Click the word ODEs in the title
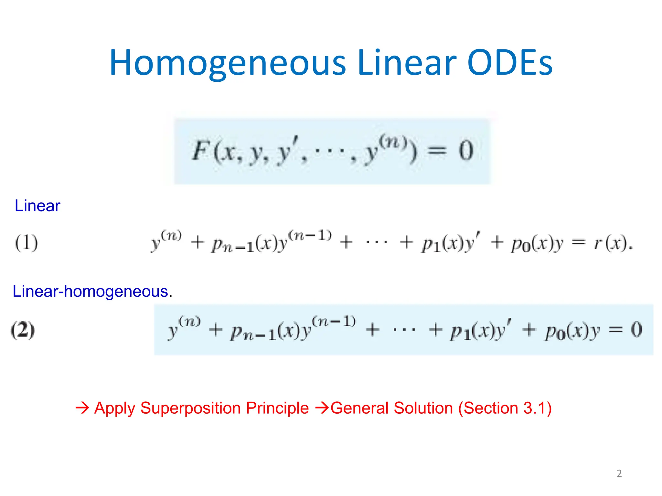[510, 63]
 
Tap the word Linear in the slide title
[407, 63]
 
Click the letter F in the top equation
[201, 151]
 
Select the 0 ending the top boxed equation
[466, 151]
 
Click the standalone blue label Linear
[37, 206]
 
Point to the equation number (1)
[27, 243]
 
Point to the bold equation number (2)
[23, 330]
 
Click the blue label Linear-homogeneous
[91, 291]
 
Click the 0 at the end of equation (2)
[636, 329]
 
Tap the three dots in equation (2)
[404, 330]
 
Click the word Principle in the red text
[277, 408]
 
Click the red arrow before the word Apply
[82, 408]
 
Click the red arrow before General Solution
[322, 408]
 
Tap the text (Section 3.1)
[505, 408]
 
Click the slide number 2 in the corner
[619, 473]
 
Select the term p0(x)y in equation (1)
[537, 244]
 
